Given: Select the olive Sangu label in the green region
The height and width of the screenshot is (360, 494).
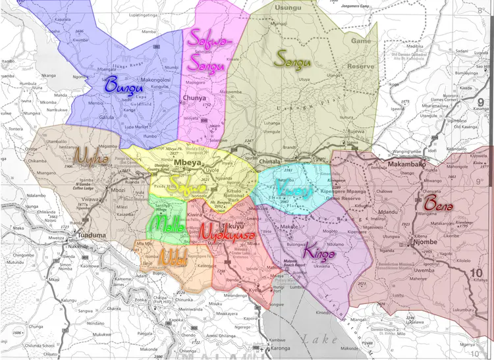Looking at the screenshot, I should [x=292, y=57].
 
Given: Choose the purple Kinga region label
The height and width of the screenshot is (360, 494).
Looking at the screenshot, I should [x=319, y=251].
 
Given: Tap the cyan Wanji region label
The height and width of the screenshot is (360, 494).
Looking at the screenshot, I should [x=289, y=188].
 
